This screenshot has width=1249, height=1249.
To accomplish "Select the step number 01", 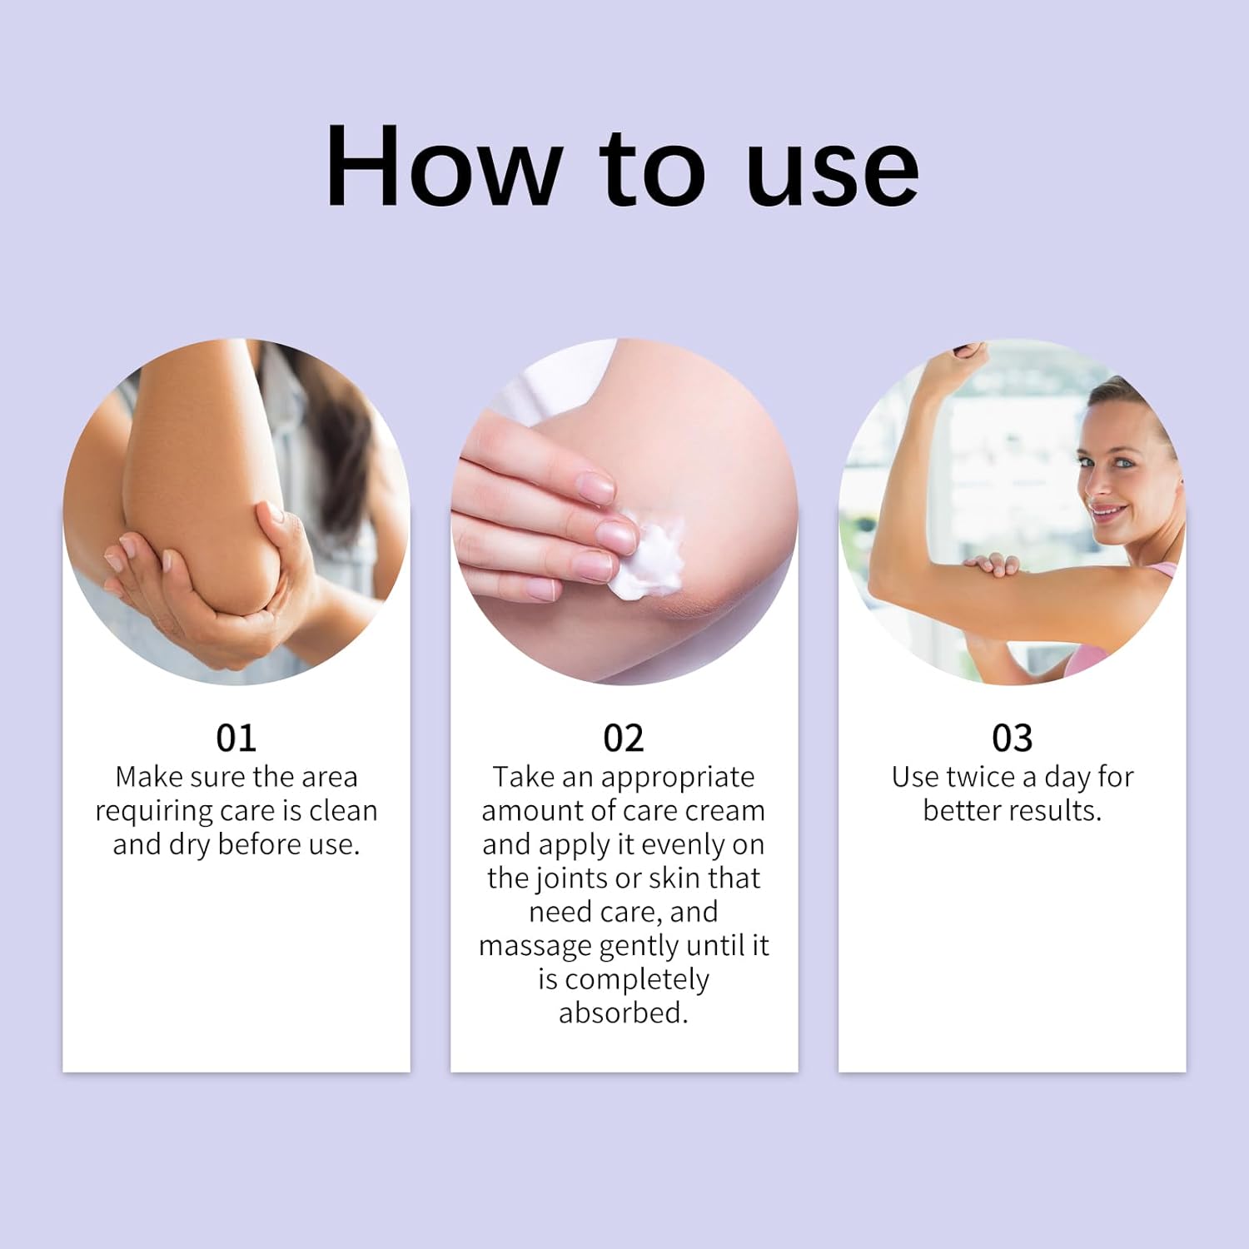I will (x=236, y=738).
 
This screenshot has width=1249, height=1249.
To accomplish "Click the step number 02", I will (x=624, y=738).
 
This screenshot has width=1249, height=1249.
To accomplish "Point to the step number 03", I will (x=1012, y=738).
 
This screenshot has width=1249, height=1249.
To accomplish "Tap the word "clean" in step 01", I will (x=342, y=810).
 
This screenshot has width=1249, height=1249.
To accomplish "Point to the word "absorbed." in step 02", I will (x=624, y=1013).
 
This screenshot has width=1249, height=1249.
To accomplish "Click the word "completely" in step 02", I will (x=637, y=980).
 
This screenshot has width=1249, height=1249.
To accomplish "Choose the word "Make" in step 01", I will (x=148, y=777).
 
